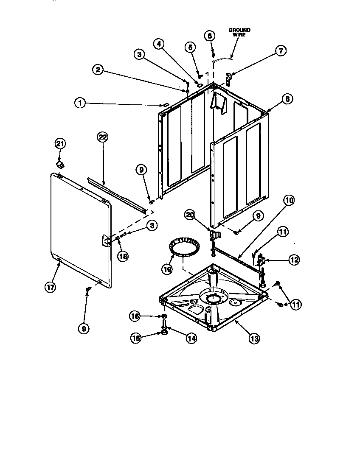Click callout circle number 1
(79, 102)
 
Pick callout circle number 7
(281, 50)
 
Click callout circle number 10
(289, 200)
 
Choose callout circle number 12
(294, 260)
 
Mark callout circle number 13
(254, 338)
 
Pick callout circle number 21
(60, 144)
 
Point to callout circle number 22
(103, 137)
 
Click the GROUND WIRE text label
(239, 32)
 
